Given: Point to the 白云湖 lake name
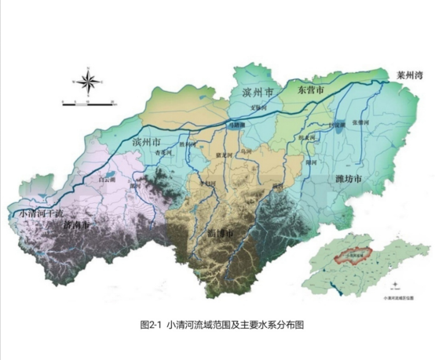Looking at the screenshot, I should click(102, 180).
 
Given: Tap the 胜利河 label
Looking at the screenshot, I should click(188, 144).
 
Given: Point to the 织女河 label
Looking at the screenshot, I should click(306, 138).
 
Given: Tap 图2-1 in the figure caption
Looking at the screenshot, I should click(149, 323).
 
